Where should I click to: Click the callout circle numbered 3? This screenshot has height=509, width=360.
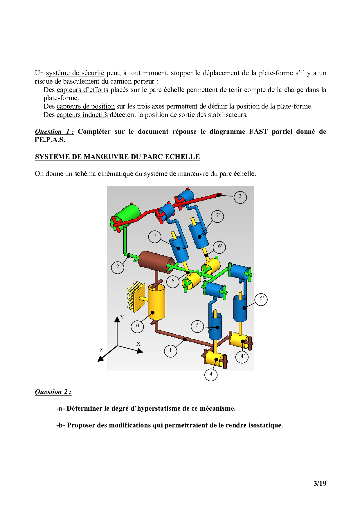click(x=240, y=197)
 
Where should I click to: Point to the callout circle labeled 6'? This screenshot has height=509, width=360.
click(x=220, y=247)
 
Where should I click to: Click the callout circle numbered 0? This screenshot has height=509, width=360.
click(x=137, y=326)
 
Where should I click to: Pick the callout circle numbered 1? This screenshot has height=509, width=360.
click(x=170, y=351)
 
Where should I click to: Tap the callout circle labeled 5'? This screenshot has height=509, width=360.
click(x=261, y=299)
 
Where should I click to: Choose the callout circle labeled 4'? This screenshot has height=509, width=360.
click(x=242, y=357)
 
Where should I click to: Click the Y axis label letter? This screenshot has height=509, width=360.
click(x=122, y=317)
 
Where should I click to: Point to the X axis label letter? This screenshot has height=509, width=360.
click(x=138, y=344)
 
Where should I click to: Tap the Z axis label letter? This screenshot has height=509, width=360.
click(x=101, y=351)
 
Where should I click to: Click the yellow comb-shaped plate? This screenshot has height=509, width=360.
click(x=136, y=296)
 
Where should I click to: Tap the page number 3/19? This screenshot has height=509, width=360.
click(x=320, y=483)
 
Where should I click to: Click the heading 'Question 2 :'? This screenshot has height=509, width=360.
click(x=53, y=392)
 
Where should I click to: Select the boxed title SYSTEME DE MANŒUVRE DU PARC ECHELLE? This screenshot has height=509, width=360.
click(x=118, y=157)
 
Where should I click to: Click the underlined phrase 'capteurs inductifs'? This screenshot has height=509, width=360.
click(x=82, y=115)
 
